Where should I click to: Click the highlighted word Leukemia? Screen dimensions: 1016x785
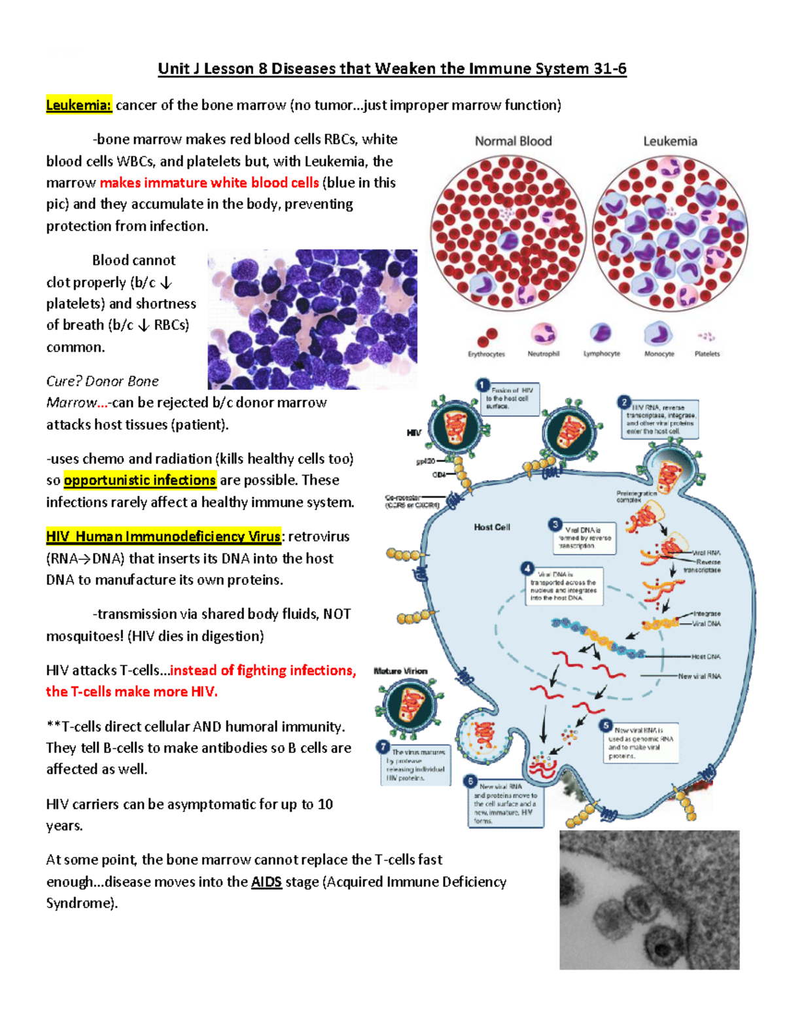pyautogui.click(x=78, y=105)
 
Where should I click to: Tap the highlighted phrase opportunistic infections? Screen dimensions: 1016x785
pyautogui.click(x=140, y=480)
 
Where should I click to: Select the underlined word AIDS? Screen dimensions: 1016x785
pyautogui.click(x=266, y=882)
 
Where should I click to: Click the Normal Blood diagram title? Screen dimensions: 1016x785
pyautogui.click(x=514, y=141)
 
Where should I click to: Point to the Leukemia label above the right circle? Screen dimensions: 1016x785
pyautogui.click(x=670, y=141)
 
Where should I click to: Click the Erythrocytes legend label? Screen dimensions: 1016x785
pyautogui.click(x=486, y=354)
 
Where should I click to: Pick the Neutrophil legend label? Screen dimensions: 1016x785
pyautogui.click(x=543, y=354)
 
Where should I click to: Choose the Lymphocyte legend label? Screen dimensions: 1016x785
pyautogui.click(x=602, y=354)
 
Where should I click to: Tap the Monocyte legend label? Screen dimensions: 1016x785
pyautogui.click(x=659, y=354)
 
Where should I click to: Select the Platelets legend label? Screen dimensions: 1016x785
pyautogui.click(x=706, y=354)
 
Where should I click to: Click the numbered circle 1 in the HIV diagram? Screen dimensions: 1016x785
pyautogui.click(x=483, y=385)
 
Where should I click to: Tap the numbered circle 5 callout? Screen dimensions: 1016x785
pyautogui.click(x=606, y=726)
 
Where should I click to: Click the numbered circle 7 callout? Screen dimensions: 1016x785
pyautogui.click(x=383, y=747)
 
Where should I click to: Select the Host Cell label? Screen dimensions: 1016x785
pyautogui.click(x=492, y=527)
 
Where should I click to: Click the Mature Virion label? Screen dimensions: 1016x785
pyautogui.click(x=400, y=671)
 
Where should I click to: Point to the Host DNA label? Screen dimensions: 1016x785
pyautogui.click(x=706, y=656)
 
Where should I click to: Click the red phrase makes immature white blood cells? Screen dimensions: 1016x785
pyautogui.click(x=209, y=183)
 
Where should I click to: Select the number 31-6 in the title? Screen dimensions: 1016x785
pyautogui.click(x=610, y=69)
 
